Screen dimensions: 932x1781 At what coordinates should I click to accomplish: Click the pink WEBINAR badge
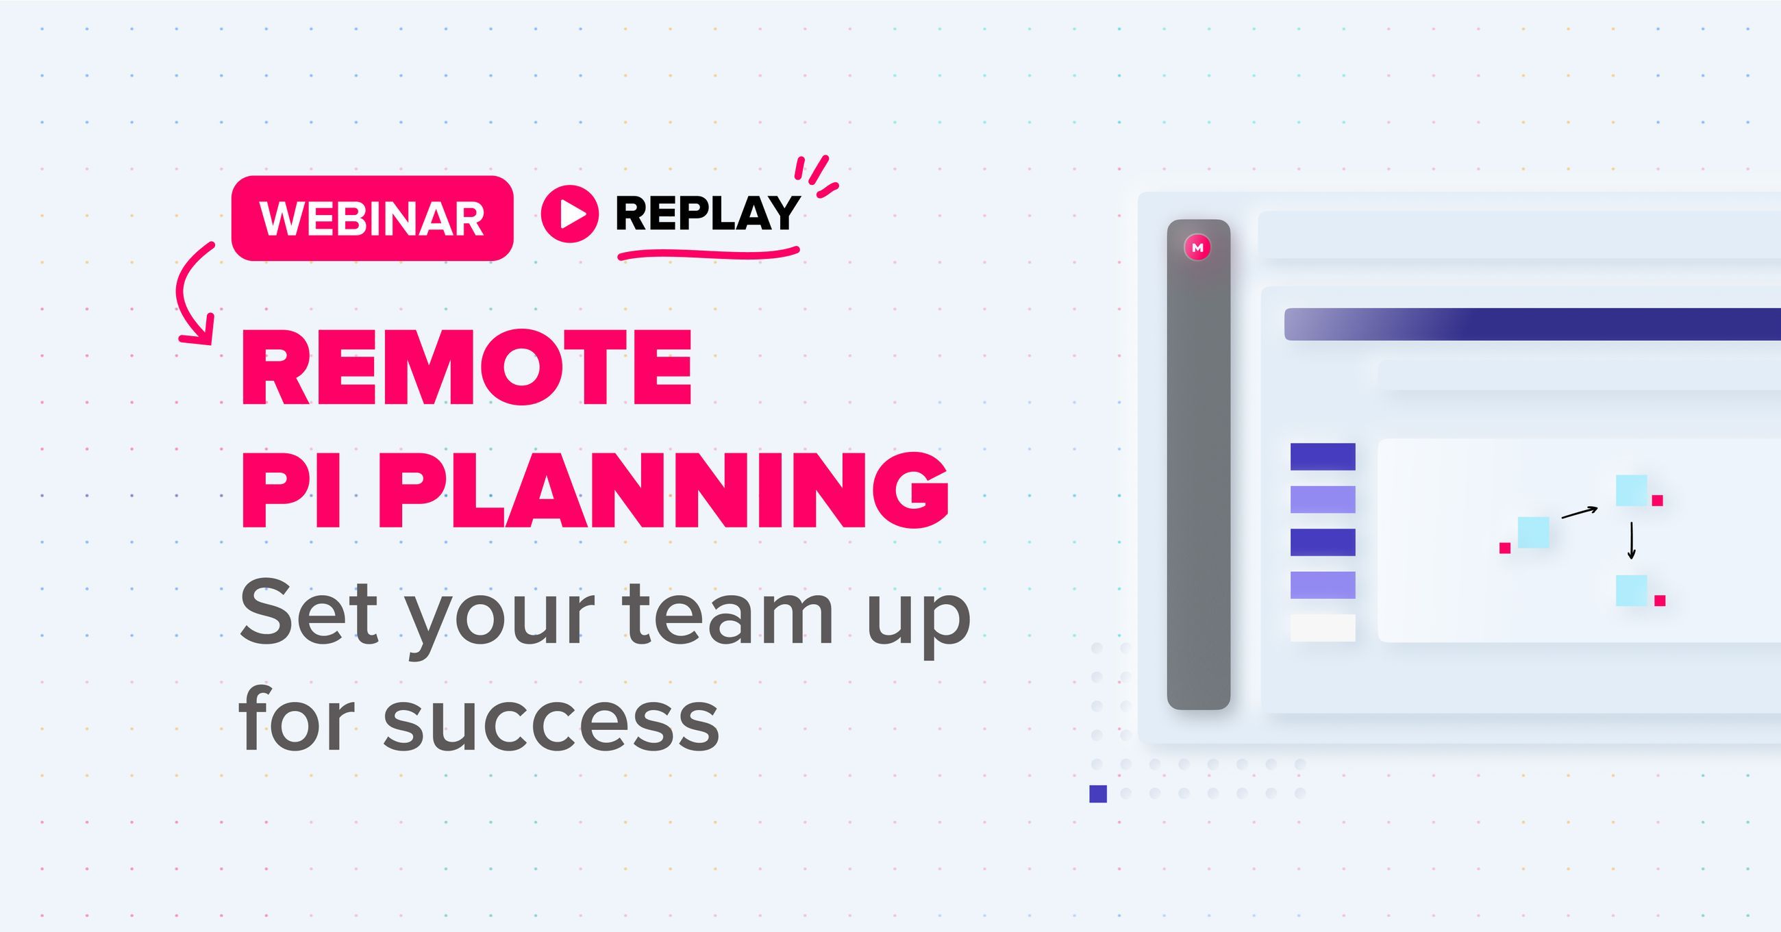(x=372, y=218)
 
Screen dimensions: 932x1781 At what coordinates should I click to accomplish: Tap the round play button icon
(x=569, y=214)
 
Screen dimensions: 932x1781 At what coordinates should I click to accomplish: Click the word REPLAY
(x=707, y=214)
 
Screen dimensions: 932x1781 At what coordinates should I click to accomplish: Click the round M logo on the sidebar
(x=1197, y=247)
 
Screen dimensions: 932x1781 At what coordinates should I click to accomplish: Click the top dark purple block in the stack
(x=1323, y=456)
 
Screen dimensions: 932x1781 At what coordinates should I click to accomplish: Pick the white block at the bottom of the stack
(x=1323, y=628)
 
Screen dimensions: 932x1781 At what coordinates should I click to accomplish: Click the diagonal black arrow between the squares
(x=1580, y=512)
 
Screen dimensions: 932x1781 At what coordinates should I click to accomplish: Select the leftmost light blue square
(x=1533, y=532)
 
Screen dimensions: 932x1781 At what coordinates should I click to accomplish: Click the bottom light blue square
(x=1631, y=590)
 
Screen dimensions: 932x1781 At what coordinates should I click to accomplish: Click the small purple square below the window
(x=1098, y=794)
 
